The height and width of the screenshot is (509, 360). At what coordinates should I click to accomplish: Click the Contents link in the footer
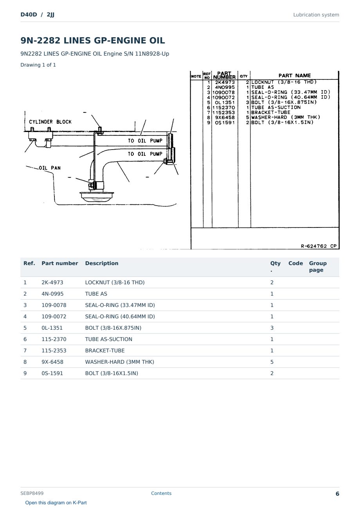point(161,493)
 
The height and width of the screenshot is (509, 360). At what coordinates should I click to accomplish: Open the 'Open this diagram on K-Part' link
point(56,502)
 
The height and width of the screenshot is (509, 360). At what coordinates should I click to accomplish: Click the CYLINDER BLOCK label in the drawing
point(50,122)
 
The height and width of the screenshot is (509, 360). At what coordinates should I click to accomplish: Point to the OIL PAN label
point(50,168)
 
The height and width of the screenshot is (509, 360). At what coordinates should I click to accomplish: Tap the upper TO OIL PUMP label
point(145,141)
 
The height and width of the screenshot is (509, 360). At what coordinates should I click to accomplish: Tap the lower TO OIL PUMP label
point(145,154)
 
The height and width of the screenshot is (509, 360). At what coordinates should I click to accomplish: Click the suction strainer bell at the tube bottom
point(97,197)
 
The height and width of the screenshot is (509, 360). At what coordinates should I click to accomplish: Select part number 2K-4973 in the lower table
point(52,282)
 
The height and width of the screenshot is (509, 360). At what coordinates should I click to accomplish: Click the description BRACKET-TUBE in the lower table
point(105,350)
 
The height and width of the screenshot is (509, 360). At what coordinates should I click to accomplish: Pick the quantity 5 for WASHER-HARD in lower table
point(272,362)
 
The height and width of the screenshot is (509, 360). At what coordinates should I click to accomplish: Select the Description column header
point(102,263)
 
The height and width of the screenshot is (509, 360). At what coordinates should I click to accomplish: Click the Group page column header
point(318,267)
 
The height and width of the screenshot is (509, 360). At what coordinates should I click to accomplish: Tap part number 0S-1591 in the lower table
point(52,374)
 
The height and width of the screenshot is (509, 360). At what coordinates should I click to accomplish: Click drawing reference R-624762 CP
point(319,246)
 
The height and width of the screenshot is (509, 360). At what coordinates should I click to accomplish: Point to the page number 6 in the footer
point(337,494)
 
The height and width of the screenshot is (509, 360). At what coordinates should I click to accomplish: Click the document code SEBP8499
point(32,493)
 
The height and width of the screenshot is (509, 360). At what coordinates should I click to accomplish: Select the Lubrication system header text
point(316,15)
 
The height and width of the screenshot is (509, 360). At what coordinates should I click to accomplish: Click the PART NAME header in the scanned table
point(295,76)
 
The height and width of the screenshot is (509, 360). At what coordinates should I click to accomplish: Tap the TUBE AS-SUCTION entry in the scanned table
point(276,108)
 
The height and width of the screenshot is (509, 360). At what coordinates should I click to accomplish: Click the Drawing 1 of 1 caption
point(38,65)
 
